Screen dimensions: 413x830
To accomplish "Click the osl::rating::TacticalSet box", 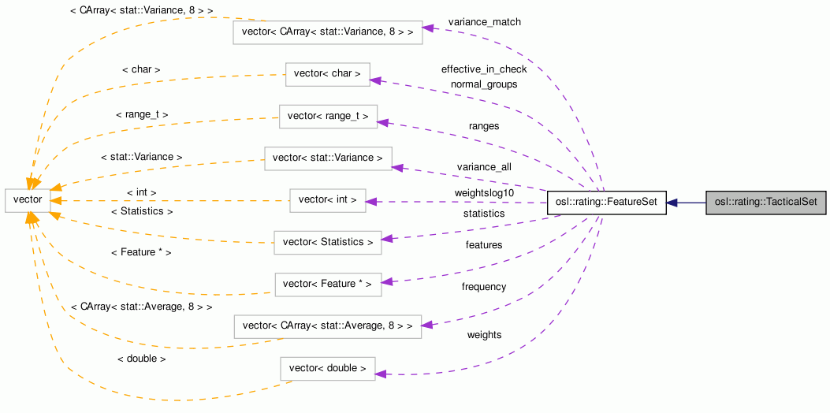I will (765, 203).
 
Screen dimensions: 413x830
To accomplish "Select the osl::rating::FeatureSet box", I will (607, 203).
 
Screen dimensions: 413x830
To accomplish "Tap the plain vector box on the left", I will (28, 200).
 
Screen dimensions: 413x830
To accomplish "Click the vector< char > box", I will (327, 74).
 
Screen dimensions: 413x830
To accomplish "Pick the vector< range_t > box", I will (328, 117).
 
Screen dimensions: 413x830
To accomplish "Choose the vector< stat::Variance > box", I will (328, 158).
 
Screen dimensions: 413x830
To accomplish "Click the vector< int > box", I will (328, 200).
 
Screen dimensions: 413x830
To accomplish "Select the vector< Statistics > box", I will (328, 242).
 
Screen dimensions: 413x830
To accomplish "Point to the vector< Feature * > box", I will (328, 284).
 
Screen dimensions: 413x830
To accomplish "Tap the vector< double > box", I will (328, 368).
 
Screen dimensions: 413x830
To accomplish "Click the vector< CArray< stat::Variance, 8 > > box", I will (328, 32).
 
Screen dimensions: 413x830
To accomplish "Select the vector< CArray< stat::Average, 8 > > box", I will (328, 326).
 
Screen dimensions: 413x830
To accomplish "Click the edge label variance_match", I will (484, 22).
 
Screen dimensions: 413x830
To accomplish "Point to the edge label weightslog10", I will (484, 192).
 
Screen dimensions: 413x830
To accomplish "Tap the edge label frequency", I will (484, 287).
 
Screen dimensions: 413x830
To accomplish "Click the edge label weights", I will (484, 335).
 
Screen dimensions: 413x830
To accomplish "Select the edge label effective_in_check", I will (484, 69).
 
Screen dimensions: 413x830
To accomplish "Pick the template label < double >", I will (141, 359).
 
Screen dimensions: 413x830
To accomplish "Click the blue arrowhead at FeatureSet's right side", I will (672, 203).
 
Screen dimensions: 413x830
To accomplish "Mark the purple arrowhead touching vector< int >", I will (371, 202).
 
